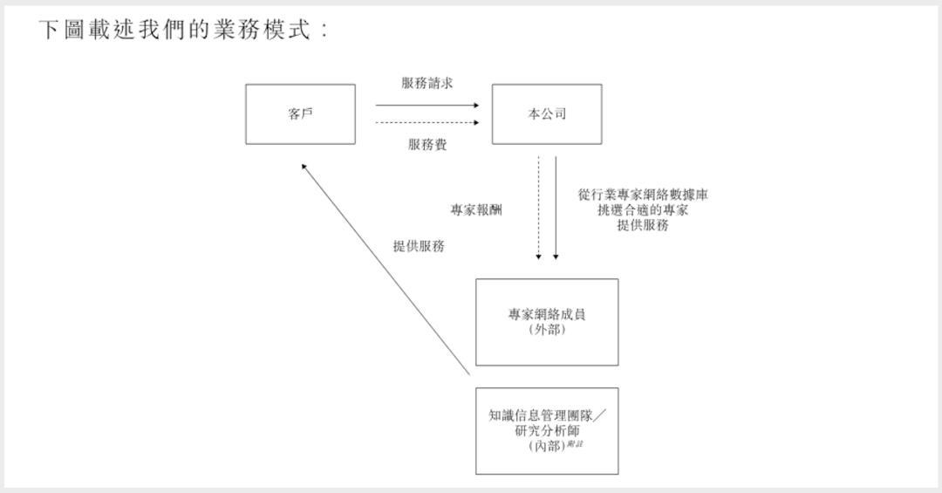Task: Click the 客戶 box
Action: tap(300, 114)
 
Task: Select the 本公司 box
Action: tap(547, 114)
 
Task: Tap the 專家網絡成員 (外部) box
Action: tap(547, 321)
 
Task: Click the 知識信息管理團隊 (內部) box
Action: tap(547, 431)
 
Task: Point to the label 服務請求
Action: tap(427, 83)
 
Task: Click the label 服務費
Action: tap(427, 145)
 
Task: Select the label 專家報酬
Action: tap(476, 210)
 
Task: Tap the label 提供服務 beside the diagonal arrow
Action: tap(418, 246)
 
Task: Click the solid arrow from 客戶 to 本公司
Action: tap(427, 105)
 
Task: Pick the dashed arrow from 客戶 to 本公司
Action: tap(427, 122)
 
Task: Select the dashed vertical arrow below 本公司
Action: tap(539, 209)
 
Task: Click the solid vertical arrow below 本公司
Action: tap(556, 209)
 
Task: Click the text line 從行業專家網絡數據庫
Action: tap(643, 195)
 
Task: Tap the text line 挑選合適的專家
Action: tap(643, 210)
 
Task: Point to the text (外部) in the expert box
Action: tap(547, 330)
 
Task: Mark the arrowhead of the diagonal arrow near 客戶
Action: tap(304, 166)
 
